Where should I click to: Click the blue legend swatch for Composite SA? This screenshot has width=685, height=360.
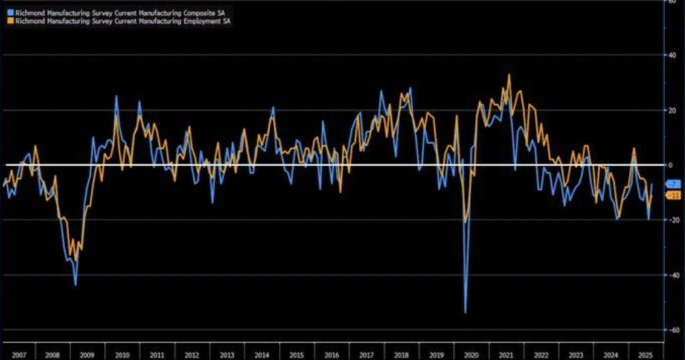click(9, 13)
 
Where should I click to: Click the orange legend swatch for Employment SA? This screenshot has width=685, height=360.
click(9, 21)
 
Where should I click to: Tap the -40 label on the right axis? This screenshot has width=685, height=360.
click(673, 275)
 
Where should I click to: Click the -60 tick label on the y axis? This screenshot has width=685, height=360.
click(673, 330)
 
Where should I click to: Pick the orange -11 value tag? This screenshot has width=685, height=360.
click(674, 195)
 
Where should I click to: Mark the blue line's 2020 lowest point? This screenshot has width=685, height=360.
click(466, 312)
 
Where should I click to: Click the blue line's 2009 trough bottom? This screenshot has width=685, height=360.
click(76, 285)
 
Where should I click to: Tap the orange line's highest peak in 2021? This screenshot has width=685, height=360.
click(509, 74)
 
